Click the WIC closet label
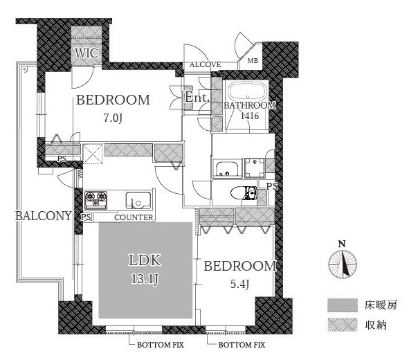click(87, 53)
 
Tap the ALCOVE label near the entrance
click(206, 64)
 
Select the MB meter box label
click(253, 61)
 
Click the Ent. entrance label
click(197, 98)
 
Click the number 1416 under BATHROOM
click(250, 116)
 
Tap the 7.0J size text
click(113, 118)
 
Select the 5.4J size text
click(239, 284)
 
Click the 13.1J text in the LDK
click(145, 280)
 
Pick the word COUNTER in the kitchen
click(134, 217)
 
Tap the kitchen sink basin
click(138, 200)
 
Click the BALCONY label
click(44, 216)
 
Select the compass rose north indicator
click(343, 264)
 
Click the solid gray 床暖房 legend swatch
click(343, 305)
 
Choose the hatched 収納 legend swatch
click(343, 325)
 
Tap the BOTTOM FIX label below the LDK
click(161, 345)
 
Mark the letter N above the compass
click(342, 244)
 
